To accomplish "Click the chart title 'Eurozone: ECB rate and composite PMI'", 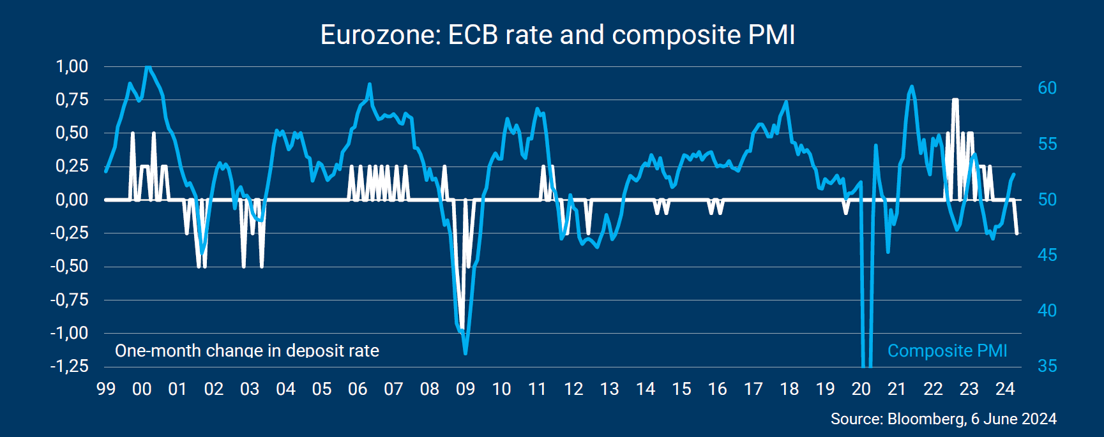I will click(x=557, y=35).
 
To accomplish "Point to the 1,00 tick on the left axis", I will click(x=72, y=66).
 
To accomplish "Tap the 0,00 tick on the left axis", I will click(x=72, y=200).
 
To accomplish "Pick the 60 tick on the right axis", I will click(x=1047, y=88).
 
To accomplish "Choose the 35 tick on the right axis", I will click(x=1047, y=366).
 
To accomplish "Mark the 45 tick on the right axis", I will click(x=1047, y=255).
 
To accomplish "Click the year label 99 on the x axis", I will click(x=106, y=389).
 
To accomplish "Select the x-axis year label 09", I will click(x=465, y=389).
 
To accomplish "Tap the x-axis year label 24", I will click(x=1005, y=389).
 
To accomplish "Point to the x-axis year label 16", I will click(x=717, y=389).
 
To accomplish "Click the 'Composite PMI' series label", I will click(x=947, y=351).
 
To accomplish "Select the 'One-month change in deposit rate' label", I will click(x=246, y=351).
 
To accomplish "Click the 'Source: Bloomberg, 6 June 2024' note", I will click(x=943, y=419).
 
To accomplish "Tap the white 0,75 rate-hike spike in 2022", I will click(x=955, y=100).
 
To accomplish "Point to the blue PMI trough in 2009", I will click(x=465, y=353).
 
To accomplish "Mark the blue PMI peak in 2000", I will click(x=148, y=67).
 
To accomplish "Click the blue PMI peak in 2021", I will click(x=911, y=87).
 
